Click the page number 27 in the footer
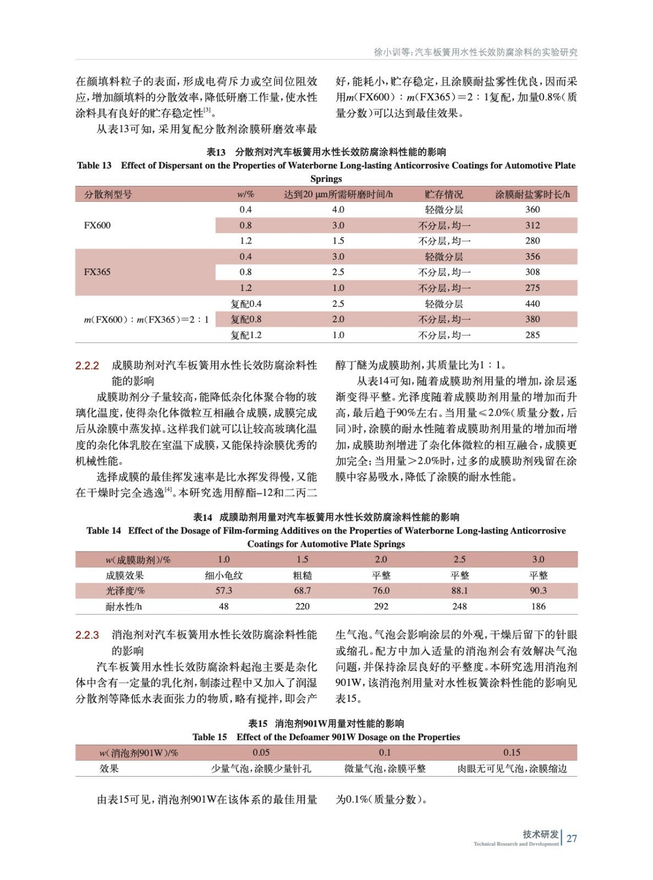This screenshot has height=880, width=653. [572, 838]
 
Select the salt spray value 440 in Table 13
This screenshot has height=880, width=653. [533, 304]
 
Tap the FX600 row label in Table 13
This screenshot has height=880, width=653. [97, 226]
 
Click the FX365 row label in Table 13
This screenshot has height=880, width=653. [97, 272]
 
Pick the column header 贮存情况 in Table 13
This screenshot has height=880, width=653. [444, 194]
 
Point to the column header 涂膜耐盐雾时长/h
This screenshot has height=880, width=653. [533, 194]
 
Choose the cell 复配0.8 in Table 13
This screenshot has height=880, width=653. [246, 320]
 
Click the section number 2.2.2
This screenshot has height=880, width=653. [87, 366]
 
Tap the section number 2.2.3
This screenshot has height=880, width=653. [87, 635]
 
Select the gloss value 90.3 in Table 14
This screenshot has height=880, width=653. [538, 591]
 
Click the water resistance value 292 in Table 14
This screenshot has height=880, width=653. [381, 607]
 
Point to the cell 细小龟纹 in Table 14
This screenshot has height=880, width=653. [223, 575]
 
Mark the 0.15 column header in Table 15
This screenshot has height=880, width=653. [512, 752]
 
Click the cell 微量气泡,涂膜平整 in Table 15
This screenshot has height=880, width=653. [385, 768]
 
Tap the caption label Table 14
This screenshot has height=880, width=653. [103, 531]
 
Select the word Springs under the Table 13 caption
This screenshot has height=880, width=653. [326, 179]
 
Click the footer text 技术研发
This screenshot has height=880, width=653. [540, 834]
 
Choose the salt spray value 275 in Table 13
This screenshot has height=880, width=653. [533, 288]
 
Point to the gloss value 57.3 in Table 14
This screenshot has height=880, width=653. [223, 591]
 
